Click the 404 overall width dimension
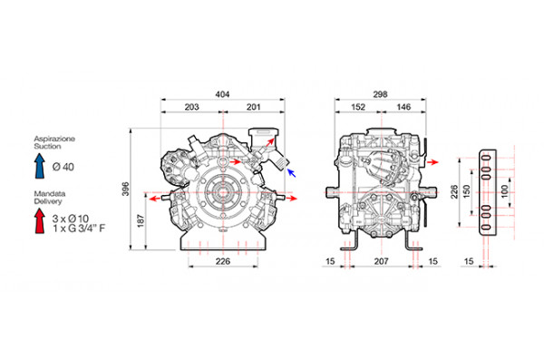tap(222, 94)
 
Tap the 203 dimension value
tap(191, 107)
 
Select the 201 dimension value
tap(253, 107)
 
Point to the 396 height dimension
tap(126, 189)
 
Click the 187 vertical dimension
tap(141, 220)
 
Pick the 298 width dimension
tap(380, 94)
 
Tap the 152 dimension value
tap(358, 107)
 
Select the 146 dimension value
tap(403, 107)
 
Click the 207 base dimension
tap(381, 261)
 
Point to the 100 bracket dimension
tap(505, 191)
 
